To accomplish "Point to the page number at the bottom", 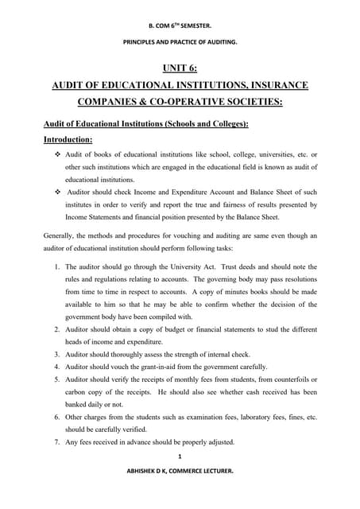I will [180, 457].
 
